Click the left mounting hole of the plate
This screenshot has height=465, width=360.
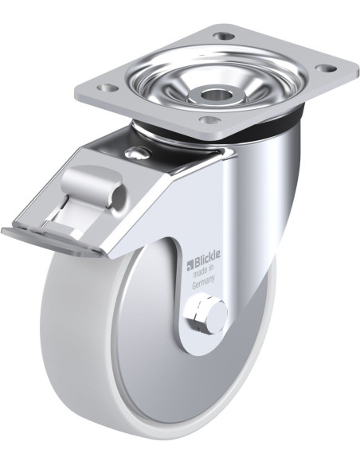click(x=107, y=88)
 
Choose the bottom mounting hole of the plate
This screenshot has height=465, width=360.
click(x=209, y=119)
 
